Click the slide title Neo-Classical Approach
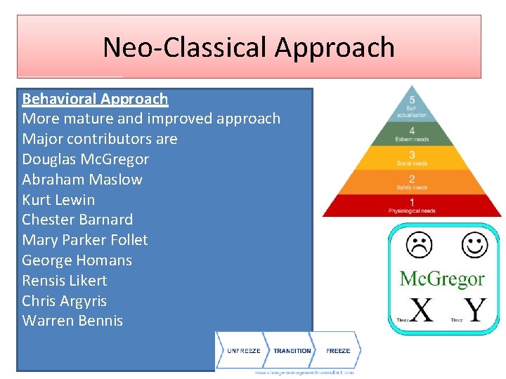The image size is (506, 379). tap(249, 47)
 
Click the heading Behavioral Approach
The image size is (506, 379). tap(95, 99)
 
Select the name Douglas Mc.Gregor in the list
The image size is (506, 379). tap(85, 159)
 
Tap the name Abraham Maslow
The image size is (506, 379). tap(82, 180)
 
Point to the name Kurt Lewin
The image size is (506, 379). tap(58, 199)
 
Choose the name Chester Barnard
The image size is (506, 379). tap(77, 220)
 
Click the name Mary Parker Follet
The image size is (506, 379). tap(85, 240)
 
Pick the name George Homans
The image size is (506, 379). tap(77, 260)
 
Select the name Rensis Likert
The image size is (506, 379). tap(65, 281)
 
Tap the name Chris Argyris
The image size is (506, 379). tap(65, 301)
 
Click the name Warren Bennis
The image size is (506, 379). tap(72, 321)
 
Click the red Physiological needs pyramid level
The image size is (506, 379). tap(412, 206)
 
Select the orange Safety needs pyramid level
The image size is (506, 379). tap(412, 182)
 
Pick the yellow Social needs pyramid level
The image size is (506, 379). tap(412, 158)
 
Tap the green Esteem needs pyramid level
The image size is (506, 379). tap(412, 134)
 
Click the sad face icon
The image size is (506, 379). tap(420, 245)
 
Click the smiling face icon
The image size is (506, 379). tap(474, 245)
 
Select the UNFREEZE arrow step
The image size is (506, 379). tap(243, 350)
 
